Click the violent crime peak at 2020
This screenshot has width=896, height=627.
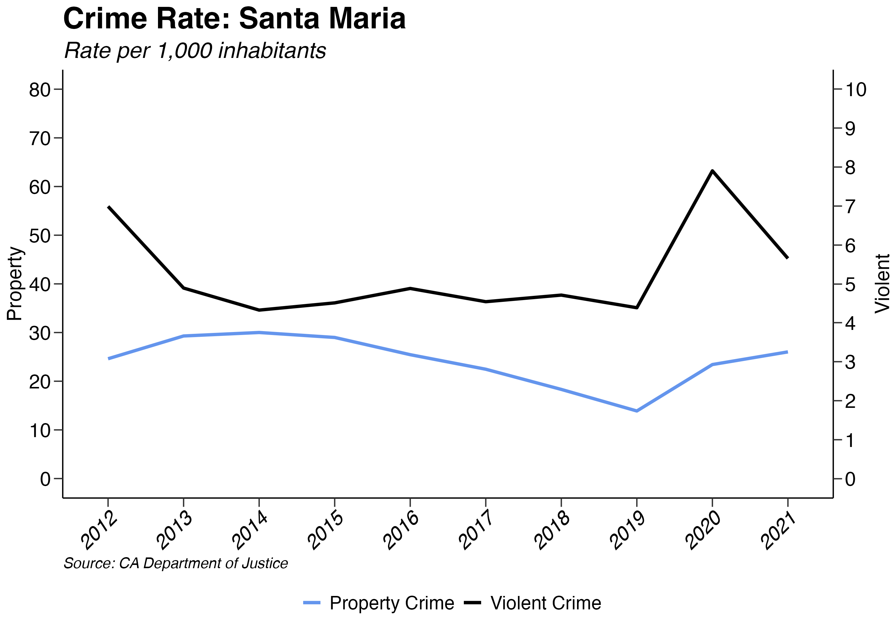pos(713,171)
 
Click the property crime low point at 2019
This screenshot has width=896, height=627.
pos(637,411)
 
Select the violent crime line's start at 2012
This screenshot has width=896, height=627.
pos(108,207)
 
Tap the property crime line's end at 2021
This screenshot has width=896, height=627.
pos(788,352)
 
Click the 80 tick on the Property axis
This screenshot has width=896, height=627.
pos(40,90)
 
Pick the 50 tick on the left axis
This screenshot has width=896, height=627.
pos(40,236)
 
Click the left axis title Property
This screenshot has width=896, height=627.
pos(15,284)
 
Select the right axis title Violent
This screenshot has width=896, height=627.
pos(882,284)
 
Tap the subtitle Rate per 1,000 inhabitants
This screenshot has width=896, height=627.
pos(195,51)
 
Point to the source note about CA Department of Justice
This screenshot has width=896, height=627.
pos(176,563)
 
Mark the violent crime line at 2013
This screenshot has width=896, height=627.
pos(183,288)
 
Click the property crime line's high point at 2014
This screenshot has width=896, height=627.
pos(259,332)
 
